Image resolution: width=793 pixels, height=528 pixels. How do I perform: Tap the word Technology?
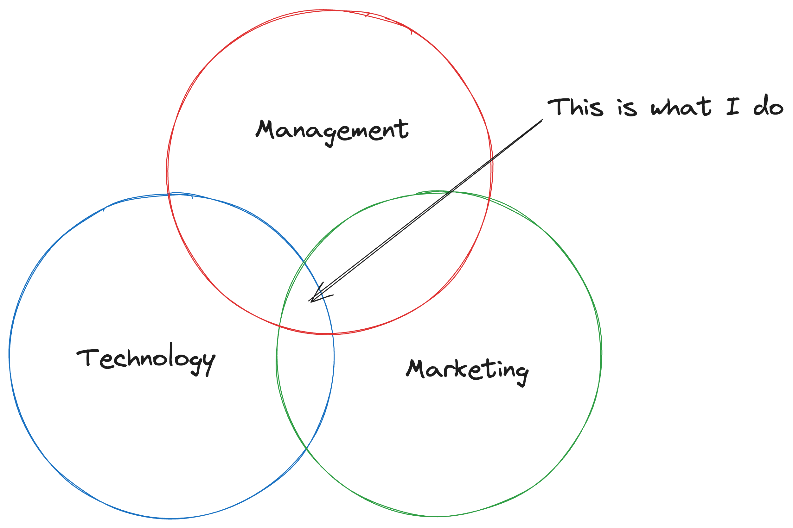coord(146,359)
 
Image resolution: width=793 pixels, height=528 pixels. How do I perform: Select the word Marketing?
coord(467,370)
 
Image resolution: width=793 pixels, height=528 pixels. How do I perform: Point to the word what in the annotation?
coord(681,107)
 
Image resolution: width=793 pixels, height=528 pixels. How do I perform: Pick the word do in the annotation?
coord(768,107)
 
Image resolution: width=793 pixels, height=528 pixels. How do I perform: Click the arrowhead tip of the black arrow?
coord(310,301)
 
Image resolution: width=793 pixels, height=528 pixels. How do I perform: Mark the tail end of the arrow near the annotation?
coord(542,120)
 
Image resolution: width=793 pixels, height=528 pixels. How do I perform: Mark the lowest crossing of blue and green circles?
coord(306,448)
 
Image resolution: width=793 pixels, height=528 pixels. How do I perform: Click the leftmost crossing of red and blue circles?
coord(169,195)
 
